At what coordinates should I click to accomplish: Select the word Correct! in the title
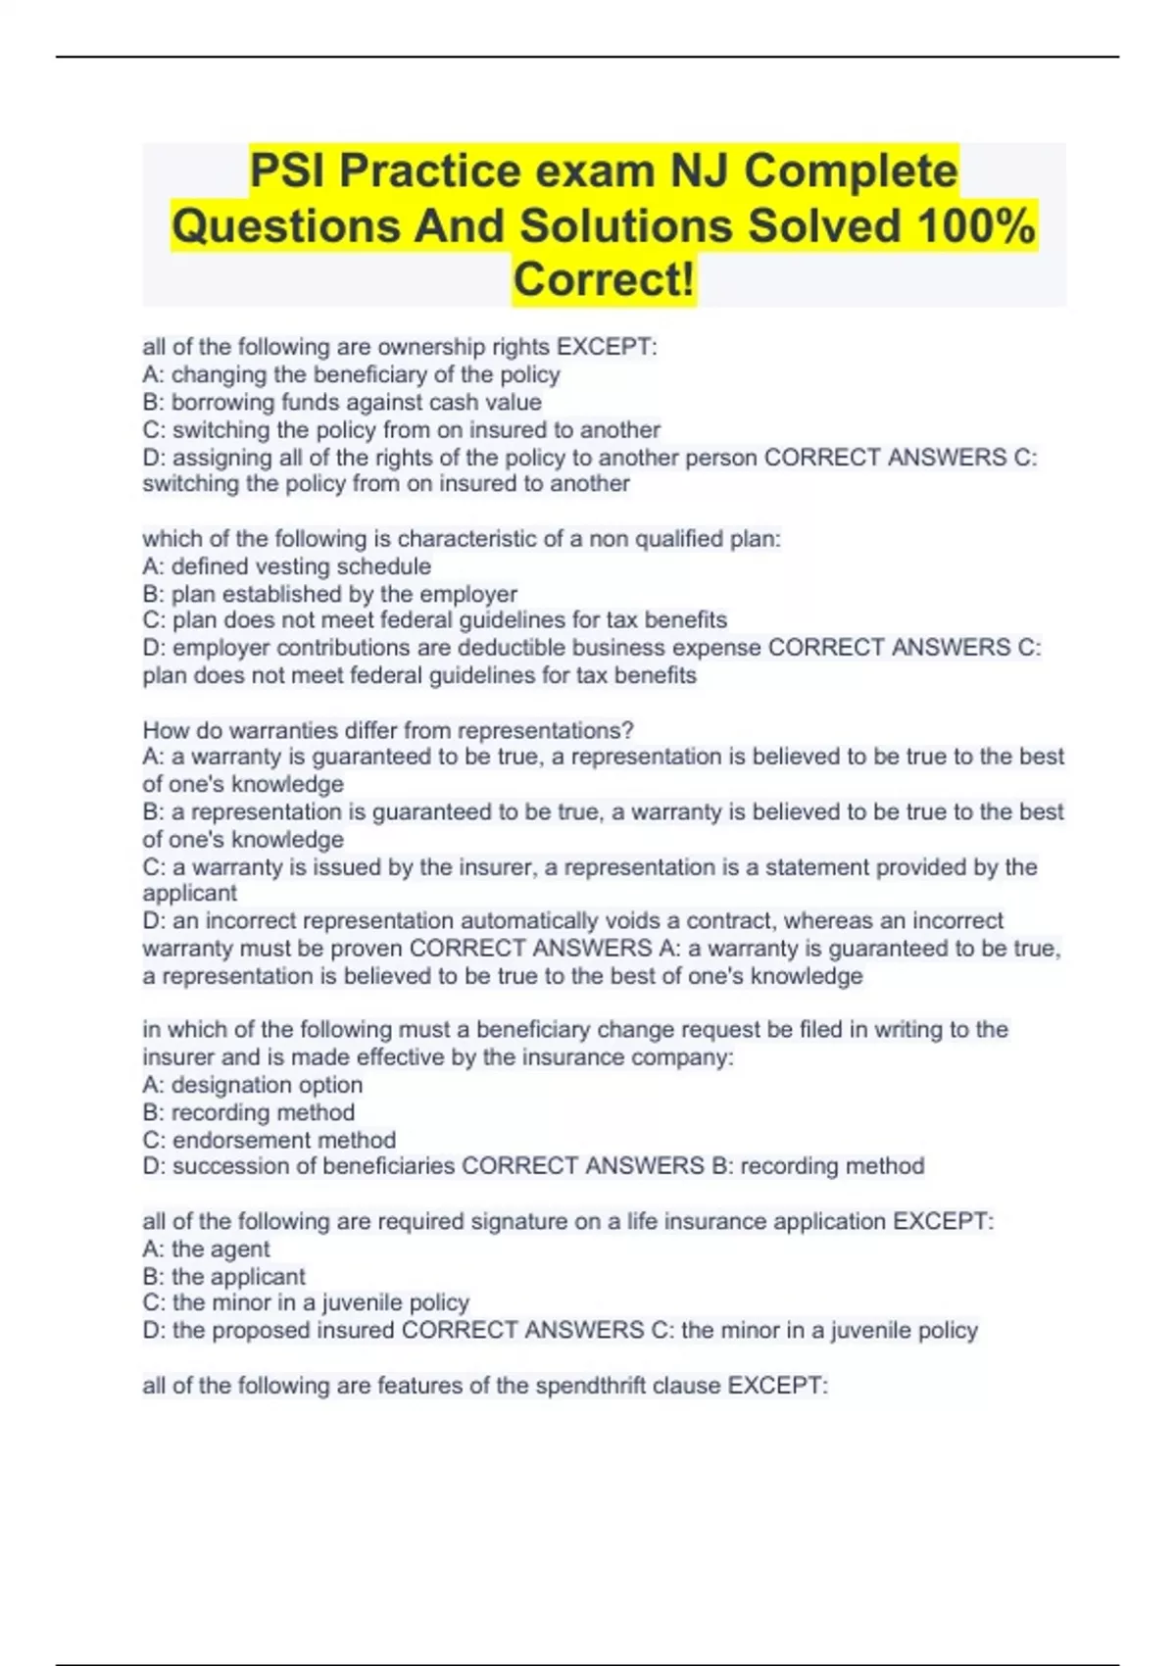pyautogui.click(x=604, y=279)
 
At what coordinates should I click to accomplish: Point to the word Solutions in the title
pyautogui.click(x=626, y=225)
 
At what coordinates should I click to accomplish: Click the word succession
pyautogui.click(x=223, y=1166)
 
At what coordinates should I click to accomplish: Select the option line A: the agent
pyautogui.click(x=206, y=1249)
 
